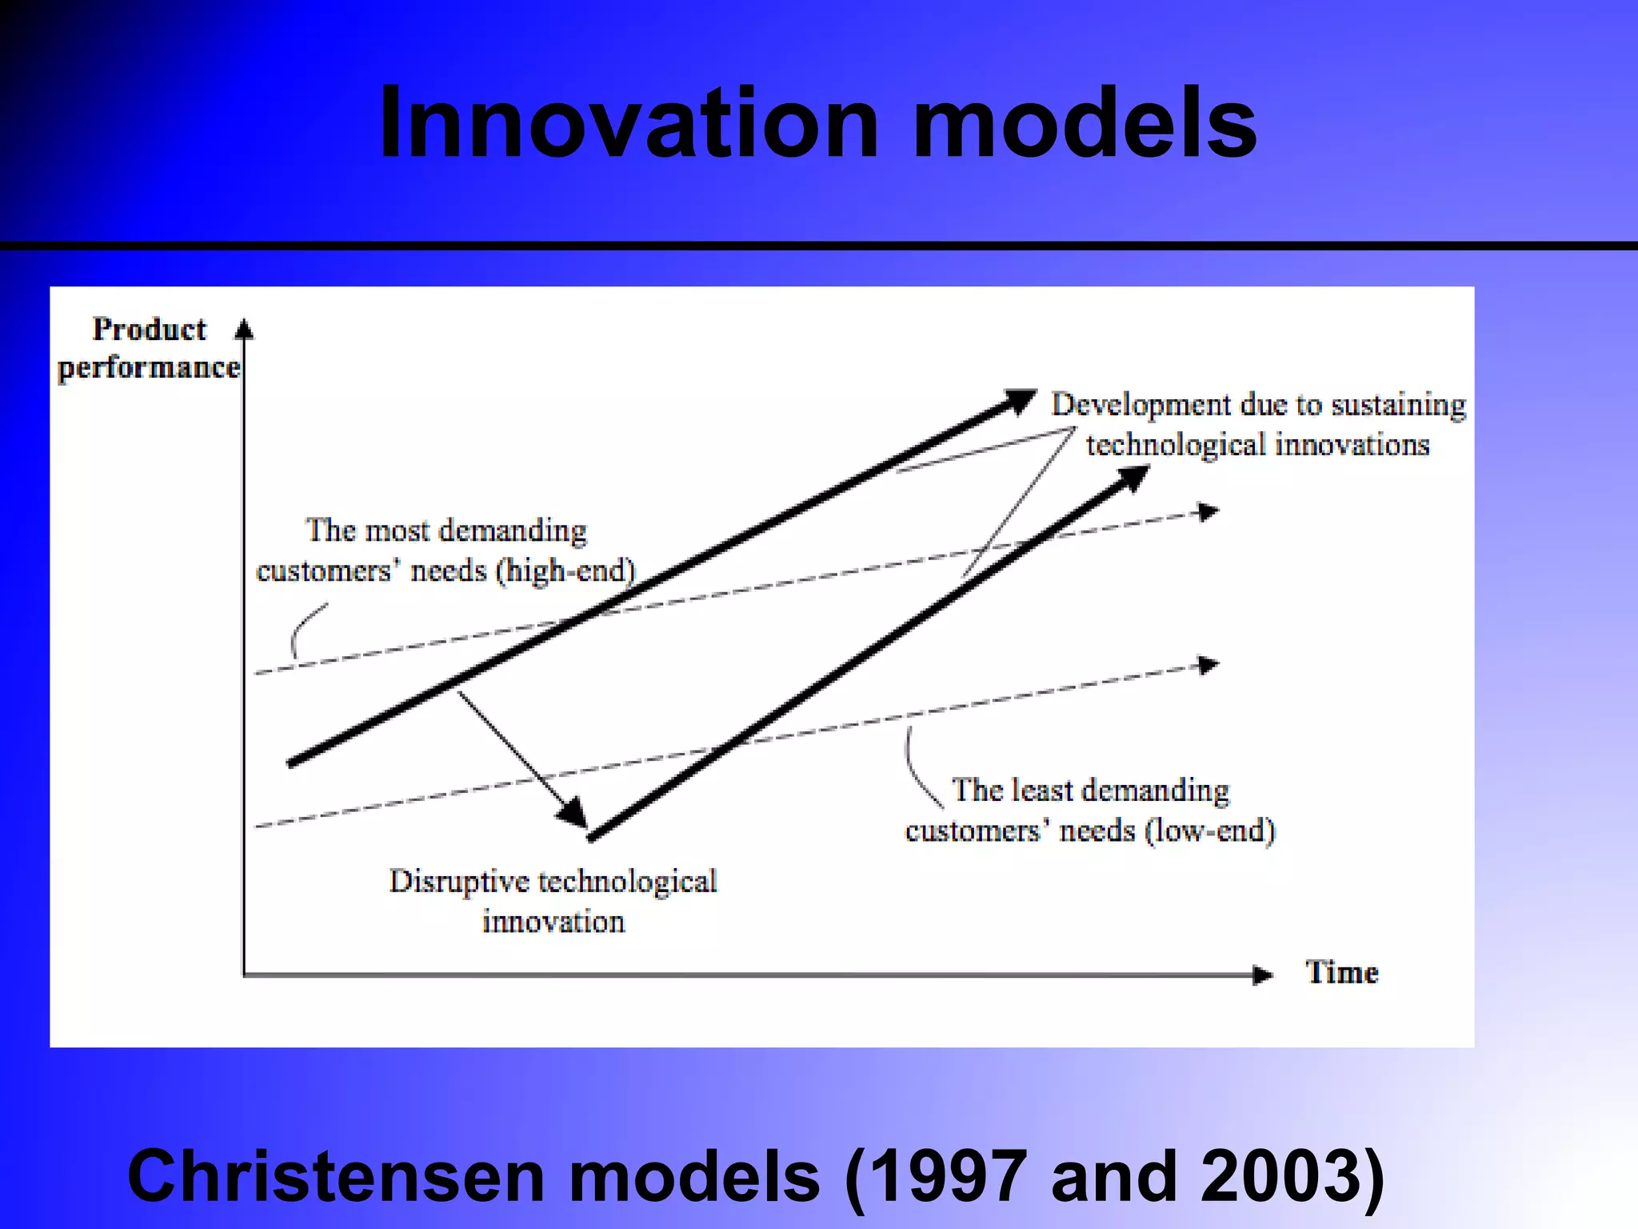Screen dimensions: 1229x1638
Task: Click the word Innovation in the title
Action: click(x=629, y=124)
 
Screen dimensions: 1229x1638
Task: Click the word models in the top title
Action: click(x=1084, y=124)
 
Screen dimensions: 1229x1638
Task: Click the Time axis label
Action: click(x=1342, y=973)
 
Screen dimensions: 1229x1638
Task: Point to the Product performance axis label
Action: click(x=150, y=349)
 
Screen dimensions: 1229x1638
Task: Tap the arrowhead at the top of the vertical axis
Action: click(x=244, y=329)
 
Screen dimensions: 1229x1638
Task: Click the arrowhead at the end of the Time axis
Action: click(x=1263, y=975)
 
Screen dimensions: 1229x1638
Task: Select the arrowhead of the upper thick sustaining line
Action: click(x=1021, y=399)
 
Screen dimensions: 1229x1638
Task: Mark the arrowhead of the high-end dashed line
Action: click(x=1208, y=511)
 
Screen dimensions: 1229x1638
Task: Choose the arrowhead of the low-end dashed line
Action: click(x=1208, y=665)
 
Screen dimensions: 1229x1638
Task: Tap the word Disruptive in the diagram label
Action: click(x=459, y=882)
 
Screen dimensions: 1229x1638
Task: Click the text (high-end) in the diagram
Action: click(x=565, y=571)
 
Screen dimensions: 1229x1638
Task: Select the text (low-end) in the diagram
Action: click(x=1210, y=831)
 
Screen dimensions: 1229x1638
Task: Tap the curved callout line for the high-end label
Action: click(x=304, y=629)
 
